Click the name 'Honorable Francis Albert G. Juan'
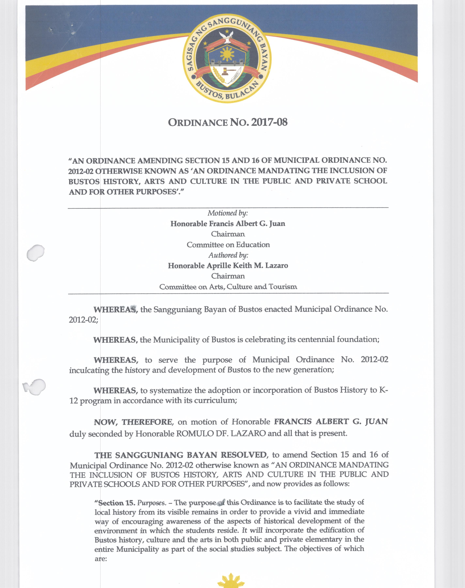(x=228, y=224)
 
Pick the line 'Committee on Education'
(x=228, y=245)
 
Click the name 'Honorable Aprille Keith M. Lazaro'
(x=228, y=266)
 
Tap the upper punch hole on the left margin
(x=36, y=253)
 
